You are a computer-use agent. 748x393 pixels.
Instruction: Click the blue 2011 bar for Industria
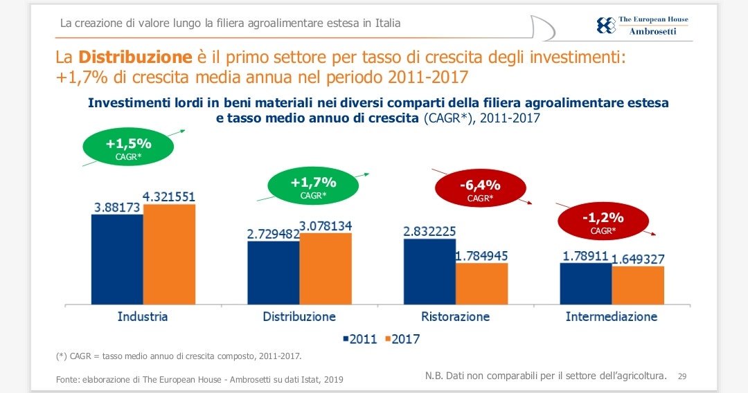[117, 259]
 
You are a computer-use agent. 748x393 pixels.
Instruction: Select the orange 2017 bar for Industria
[169, 254]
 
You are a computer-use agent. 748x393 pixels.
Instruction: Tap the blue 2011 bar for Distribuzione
[274, 272]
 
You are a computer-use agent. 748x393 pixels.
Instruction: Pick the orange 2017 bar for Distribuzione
[326, 268]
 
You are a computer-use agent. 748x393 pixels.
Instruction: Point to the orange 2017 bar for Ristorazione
[481, 283]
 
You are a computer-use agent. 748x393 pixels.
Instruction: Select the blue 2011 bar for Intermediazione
[586, 283]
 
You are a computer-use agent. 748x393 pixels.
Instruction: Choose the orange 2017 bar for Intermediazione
[638, 284]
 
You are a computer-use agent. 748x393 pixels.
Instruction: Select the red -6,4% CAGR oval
[480, 190]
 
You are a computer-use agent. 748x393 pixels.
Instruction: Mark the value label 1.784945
[482, 257]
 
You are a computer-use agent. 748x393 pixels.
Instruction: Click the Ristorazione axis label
[455, 317]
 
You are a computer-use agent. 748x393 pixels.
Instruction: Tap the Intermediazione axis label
[611, 317]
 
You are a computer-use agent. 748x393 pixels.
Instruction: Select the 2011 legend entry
[359, 339]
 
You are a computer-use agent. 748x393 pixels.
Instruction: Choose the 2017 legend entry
[402, 339]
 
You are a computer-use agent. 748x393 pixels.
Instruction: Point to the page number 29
[682, 376]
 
